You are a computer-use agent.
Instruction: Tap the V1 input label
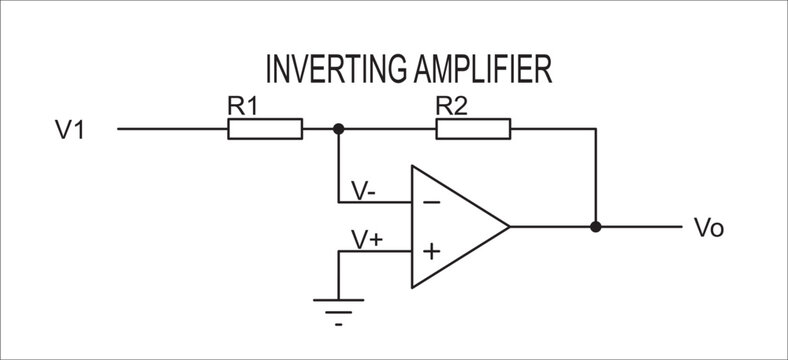tap(69, 129)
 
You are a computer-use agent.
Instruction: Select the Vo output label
tap(708, 228)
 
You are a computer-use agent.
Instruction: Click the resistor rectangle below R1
tap(265, 129)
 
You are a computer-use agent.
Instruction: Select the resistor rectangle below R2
tap(473, 129)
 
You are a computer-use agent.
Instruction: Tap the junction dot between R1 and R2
tap(339, 129)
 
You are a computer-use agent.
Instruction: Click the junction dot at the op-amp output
tap(596, 227)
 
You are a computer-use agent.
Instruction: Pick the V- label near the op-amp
tap(363, 190)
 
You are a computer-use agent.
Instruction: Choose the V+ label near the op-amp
tap(365, 239)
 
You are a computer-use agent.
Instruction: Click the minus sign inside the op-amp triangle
tap(431, 202)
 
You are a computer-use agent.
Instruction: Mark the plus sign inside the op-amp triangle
tap(431, 251)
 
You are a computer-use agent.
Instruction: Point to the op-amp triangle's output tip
tap(509, 227)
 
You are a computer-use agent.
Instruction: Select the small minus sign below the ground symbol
tap(339, 325)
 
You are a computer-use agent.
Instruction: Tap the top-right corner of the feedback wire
tap(596, 129)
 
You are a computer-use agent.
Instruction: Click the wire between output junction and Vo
tap(640, 227)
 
